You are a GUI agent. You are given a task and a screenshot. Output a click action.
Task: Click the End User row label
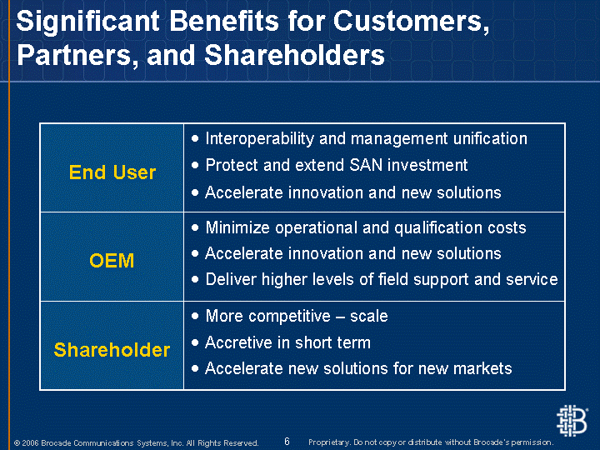(x=112, y=172)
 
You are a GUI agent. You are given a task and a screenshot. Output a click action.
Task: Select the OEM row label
(x=112, y=261)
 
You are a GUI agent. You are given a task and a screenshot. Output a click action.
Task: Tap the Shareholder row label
(x=112, y=350)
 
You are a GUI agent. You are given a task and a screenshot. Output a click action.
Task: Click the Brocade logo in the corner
(x=572, y=421)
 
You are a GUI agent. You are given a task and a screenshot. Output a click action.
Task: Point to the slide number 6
(x=287, y=441)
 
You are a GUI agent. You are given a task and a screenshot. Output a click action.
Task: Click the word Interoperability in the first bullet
(x=259, y=139)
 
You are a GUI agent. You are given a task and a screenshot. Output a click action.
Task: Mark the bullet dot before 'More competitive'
(x=195, y=316)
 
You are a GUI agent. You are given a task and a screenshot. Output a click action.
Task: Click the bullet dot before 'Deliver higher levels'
(x=195, y=279)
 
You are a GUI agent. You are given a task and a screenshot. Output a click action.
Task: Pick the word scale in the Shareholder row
(x=369, y=317)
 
